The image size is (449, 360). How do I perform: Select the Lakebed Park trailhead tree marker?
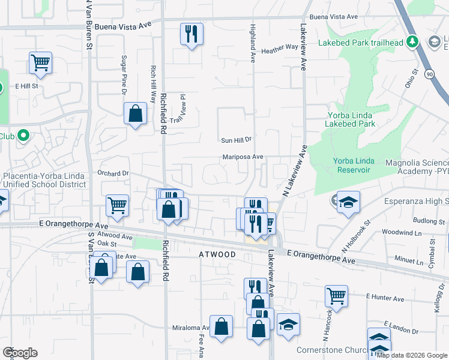click(x=412, y=41)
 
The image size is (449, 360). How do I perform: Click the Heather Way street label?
click(x=280, y=47)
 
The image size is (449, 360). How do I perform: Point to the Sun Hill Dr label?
click(x=235, y=140)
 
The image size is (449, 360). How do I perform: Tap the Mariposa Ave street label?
click(x=243, y=157)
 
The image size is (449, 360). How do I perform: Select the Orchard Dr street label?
click(x=113, y=173)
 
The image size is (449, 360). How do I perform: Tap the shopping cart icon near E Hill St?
click(x=40, y=62)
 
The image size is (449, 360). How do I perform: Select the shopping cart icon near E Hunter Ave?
click(x=336, y=295)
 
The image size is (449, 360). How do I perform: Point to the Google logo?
click(x=19, y=353)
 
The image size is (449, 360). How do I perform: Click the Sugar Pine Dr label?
click(x=124, y=75)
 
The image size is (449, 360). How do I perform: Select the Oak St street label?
click(x=107, y=244)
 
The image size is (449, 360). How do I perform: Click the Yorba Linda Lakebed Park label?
click(x=350, y=119)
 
